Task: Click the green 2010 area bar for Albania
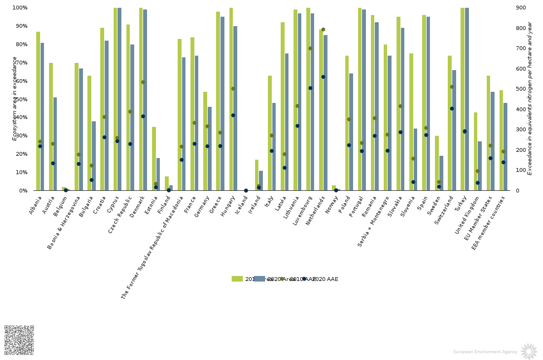tap(38, 111)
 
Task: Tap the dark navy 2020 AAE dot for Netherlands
tap(323, 77)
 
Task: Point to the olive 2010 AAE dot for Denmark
tap(143, 82)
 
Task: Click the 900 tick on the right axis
tap(520, 8)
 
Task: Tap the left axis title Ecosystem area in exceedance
tap(15, 98)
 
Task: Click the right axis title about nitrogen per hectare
tap(530, 98)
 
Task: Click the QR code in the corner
tap(19, 340)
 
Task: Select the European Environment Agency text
tap(485, 352)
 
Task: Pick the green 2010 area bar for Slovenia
tap(412, 122)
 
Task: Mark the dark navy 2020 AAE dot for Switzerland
tap(452, 109)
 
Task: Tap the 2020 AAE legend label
tap(325, 279)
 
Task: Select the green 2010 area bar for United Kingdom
tap(476, 151)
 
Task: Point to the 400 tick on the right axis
tap(520, 110)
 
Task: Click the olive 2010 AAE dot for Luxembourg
tap(310, 48)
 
